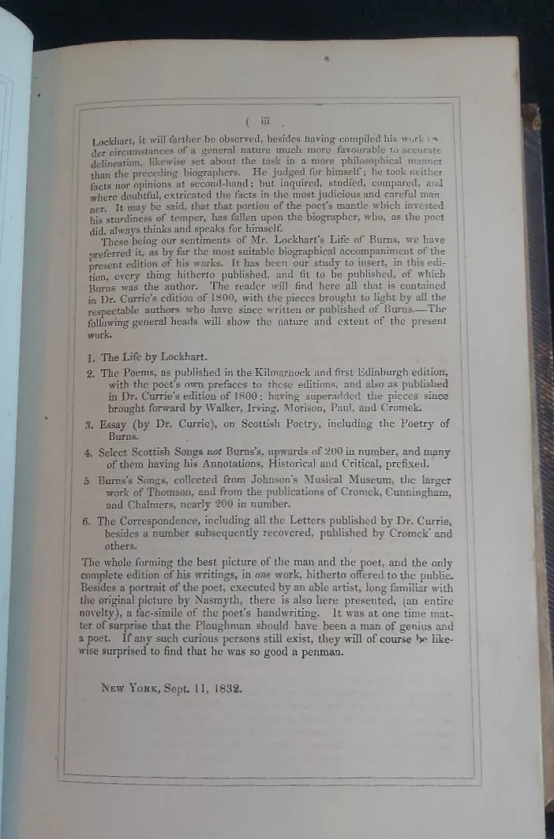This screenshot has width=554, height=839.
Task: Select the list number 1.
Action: click(x=91, y=356)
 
